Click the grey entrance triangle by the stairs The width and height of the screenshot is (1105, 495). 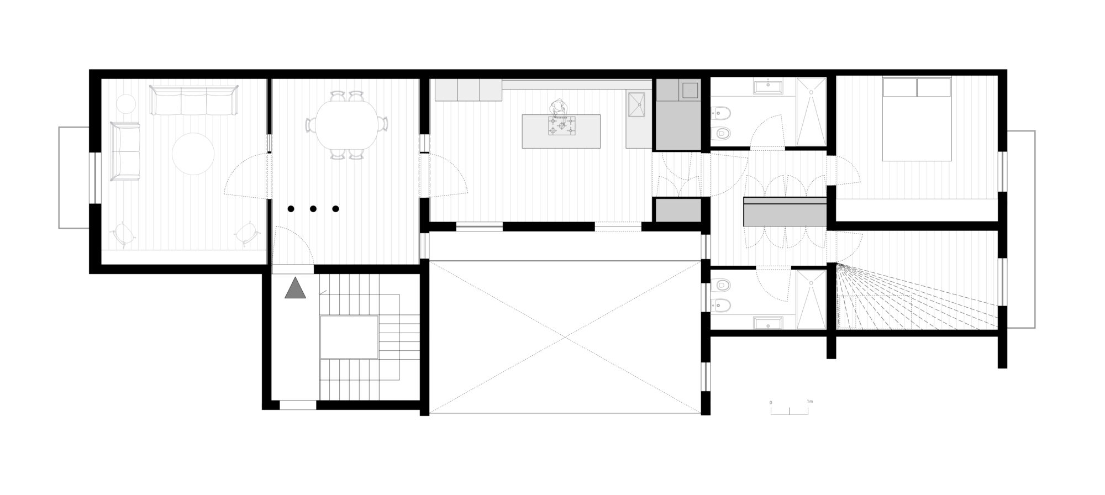pos(296,289)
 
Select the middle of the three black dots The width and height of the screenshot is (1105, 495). pos(313,209)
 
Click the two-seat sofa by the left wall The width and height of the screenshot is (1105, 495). pos(125,151)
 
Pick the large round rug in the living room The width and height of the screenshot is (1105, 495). pos(193,154)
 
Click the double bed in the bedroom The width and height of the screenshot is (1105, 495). pos(917,119)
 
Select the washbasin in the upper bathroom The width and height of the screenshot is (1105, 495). pos(767,86)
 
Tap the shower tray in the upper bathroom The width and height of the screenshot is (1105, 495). pos(811,113)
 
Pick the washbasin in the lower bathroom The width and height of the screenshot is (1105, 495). pos(767,323)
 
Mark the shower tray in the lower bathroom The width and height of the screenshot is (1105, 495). pos(811,299)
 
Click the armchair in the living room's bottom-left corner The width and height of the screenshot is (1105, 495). pos(124,234)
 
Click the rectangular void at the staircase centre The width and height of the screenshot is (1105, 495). pos(349,336)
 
